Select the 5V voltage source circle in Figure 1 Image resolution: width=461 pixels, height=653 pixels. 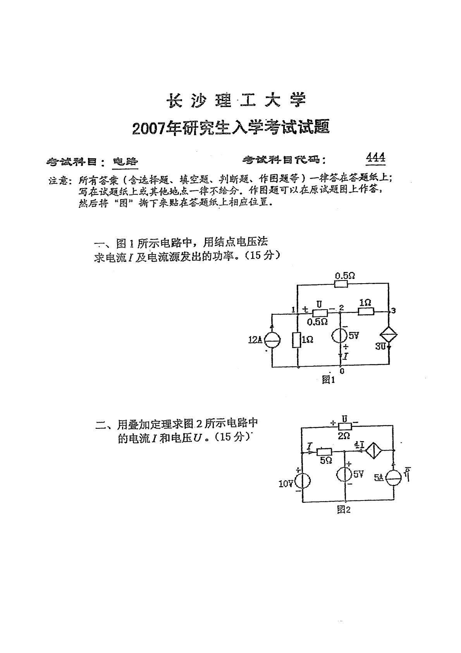tap(341, 335)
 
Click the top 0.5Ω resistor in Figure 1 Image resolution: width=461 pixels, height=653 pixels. tap(341, 284)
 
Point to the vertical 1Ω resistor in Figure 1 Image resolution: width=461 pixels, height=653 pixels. tap(298, 340)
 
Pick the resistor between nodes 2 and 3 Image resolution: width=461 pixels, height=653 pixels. tap(366, 311)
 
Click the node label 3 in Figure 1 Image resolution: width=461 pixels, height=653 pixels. tap(394, 310)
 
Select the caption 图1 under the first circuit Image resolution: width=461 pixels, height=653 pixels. tap(328, 380)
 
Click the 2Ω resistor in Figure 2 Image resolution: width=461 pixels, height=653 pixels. tap(344, 427)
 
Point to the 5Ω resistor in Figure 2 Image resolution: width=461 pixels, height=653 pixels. tap(325, 452)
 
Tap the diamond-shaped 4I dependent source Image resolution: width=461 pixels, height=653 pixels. tap(374, 450)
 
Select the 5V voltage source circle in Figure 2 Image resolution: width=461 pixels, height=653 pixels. tap(344, 475)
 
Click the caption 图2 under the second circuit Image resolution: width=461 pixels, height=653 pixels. tap(344, 510)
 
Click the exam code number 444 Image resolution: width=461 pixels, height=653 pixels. tap(375, 157)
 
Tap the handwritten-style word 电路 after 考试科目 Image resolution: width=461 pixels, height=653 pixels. tap(125, 161)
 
